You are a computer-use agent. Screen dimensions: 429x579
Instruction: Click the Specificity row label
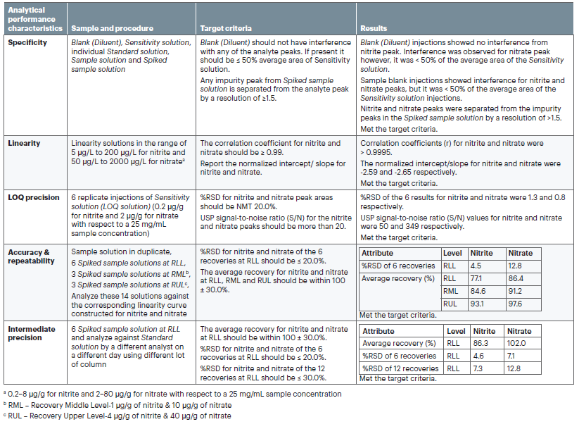tap(27, 43)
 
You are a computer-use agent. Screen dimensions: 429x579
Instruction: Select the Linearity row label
tap(25, 143)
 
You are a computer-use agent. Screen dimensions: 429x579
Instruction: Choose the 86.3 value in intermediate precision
tap(481, 343)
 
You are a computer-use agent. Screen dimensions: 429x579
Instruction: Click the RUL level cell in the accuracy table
tap(450, 304)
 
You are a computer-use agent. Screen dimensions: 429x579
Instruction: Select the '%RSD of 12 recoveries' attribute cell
tap(399, 368)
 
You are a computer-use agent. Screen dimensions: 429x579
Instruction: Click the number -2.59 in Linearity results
tap(369, 173)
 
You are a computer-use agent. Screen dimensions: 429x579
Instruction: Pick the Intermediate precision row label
tap(33, 333)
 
